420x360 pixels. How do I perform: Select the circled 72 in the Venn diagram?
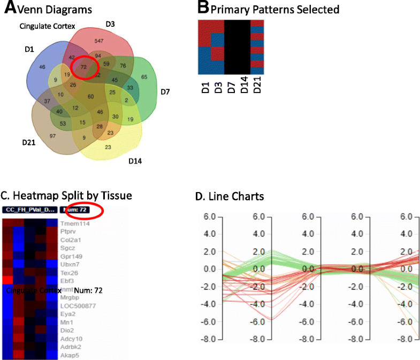tap(83, 67)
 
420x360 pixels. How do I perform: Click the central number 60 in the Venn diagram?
tap(90, 96)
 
